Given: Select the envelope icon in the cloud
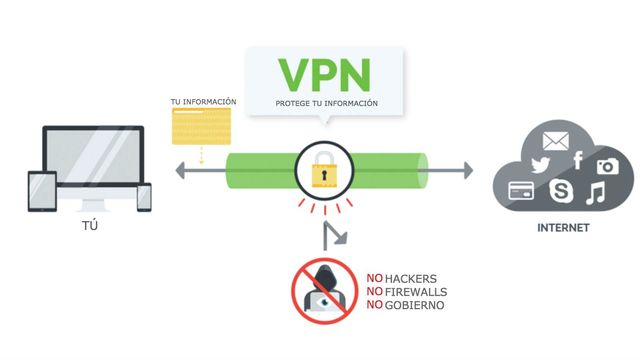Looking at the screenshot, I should pos(555,141).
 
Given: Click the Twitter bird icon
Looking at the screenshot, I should pos(541,165).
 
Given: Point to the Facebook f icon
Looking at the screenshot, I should pos(577,159).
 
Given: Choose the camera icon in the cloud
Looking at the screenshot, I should pos(606,167).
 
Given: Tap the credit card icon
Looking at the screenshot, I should pos(523,190).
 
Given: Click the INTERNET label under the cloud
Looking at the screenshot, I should pos(563,228).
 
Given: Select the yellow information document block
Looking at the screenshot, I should pos(202,129).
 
